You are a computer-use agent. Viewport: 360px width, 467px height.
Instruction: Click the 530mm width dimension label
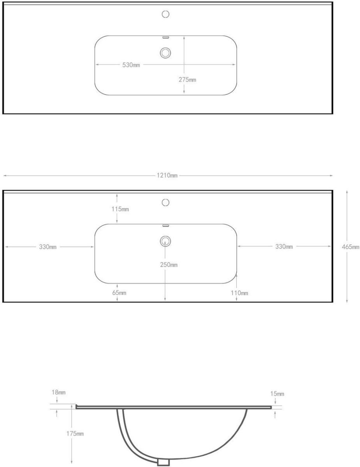[131, 65]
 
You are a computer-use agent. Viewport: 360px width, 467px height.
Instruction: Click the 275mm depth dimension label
[187, 79]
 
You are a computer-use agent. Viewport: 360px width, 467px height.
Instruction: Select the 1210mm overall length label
[167, 176]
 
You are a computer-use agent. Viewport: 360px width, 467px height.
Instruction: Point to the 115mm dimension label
[120, 209]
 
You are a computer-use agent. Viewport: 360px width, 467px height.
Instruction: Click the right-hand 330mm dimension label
[284, 247]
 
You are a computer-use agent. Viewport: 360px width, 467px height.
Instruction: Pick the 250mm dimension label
[169, 265]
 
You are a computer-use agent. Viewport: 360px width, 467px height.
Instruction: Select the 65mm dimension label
[119, 293]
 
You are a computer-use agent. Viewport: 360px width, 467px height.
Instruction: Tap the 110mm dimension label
[239, 293]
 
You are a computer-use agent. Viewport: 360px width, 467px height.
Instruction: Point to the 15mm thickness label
[277, 394]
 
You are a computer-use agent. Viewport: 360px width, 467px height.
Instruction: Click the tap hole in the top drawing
[165, 14]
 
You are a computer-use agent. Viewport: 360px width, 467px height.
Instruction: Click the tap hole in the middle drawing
[165, 202]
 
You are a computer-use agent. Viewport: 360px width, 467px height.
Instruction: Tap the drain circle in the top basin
[165, 53]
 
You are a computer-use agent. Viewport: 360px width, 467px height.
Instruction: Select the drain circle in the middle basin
[165, 241]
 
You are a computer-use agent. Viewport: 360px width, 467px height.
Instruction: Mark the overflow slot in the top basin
[165, 38]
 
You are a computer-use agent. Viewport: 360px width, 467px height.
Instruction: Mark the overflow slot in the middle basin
[165, 226]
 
